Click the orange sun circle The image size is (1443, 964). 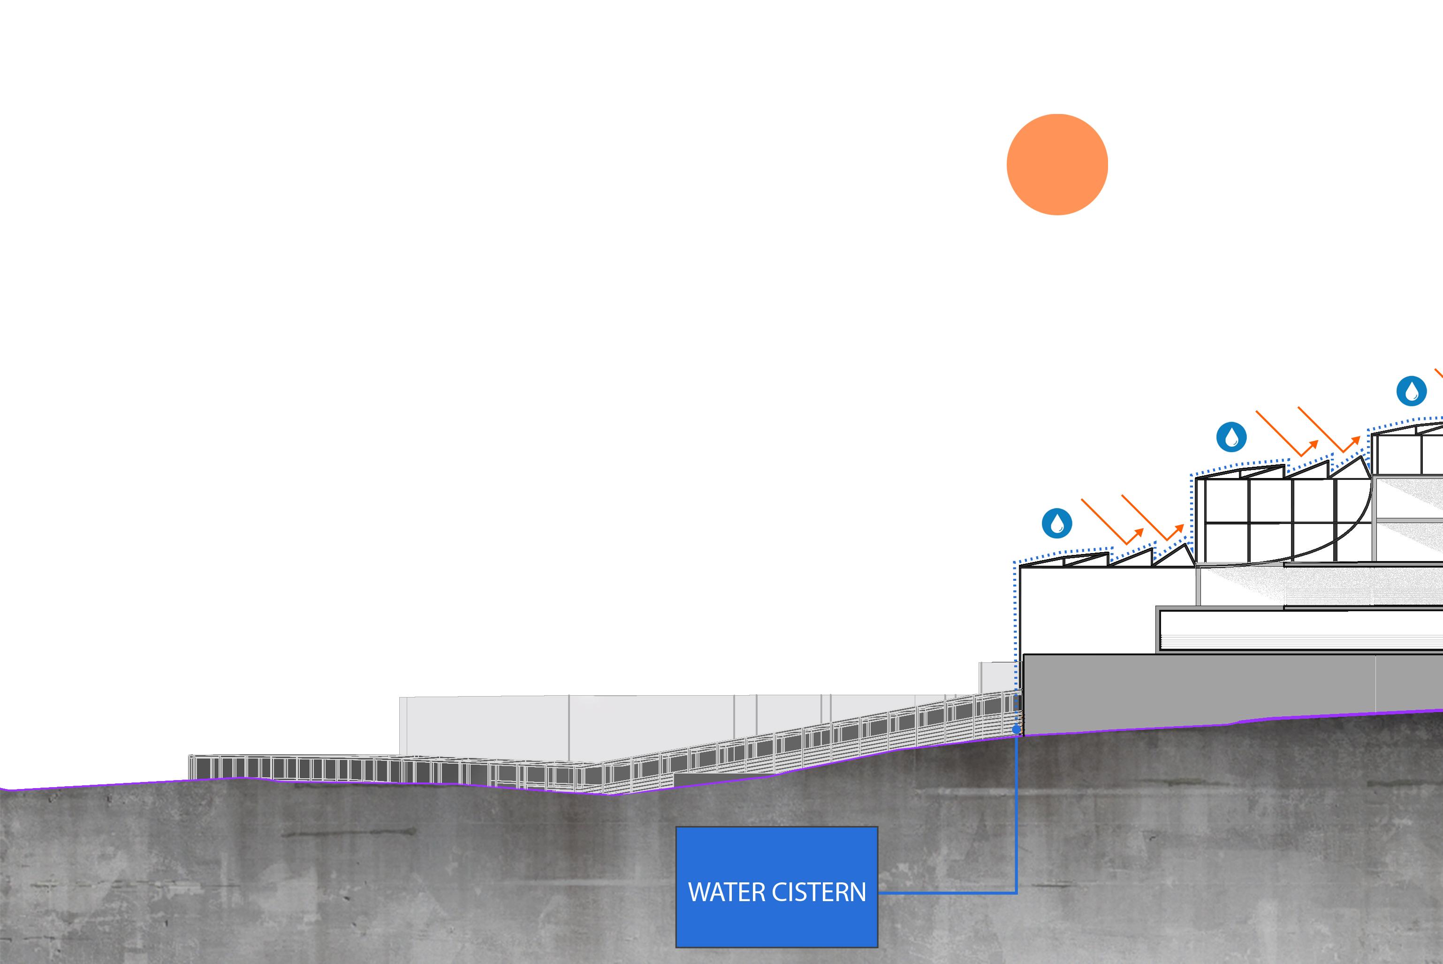click(x=1057, y=165)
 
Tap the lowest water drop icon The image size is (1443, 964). click(x=1057, y=523)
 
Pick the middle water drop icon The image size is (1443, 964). click(x=1231, y=437)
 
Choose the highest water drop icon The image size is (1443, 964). click(x=1412, y=391)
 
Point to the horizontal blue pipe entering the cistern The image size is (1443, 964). click(x=947, y=893)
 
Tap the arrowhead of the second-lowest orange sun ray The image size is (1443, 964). click(x=1179, y=528)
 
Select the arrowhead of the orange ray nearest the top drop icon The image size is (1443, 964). click(x=1355, y=440)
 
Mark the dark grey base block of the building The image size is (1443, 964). click(x=1199, y=689)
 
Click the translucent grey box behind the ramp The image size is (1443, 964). click(x=492, y=725)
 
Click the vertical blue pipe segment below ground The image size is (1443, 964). click(x=1016, y=812)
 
